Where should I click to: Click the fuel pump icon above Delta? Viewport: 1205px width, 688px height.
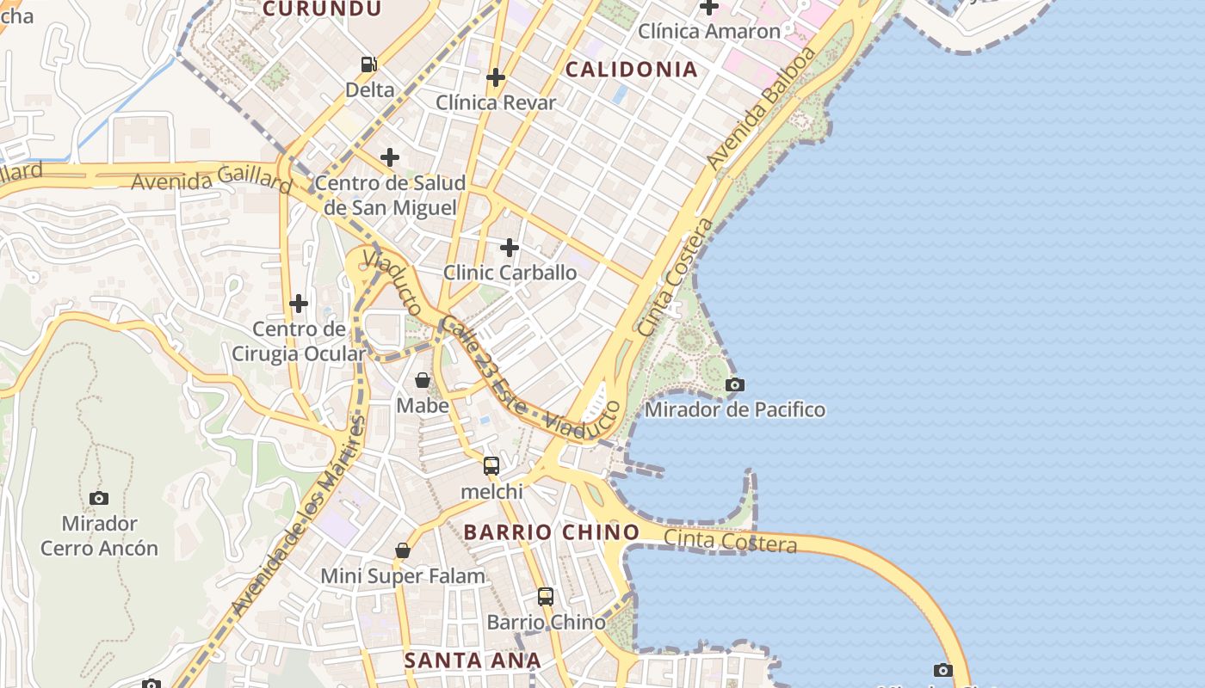coord(368,64)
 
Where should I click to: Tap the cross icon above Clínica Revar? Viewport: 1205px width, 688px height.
coord(495,77)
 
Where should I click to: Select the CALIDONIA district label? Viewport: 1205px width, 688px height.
coord(631,70)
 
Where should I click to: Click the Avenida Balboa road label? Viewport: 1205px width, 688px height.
coord(760,107)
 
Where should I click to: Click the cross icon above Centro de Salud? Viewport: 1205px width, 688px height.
coord(390,157)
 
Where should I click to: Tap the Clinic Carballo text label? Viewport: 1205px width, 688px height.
coord(510,273)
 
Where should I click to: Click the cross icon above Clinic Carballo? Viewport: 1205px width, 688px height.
coord(510,248)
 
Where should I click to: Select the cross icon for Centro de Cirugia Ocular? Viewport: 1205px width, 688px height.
coord(299,304)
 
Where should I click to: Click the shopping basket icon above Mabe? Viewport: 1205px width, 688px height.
coord(423,380)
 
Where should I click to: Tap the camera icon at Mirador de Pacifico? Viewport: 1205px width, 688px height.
coord(734,384)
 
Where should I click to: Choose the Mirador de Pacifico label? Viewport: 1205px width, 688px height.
coord(734,409)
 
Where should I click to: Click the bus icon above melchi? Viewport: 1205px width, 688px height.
coord(491,466)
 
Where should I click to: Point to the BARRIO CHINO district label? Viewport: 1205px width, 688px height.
coord(551,532)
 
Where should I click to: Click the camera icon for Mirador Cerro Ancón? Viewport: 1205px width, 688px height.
coord(99,498)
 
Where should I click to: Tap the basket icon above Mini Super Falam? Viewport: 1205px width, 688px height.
coord(402,550)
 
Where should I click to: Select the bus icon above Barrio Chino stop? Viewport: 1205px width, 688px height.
coord(546,596)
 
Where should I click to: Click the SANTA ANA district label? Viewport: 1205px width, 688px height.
coord(473,660)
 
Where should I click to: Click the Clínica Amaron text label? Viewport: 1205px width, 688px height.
coord(708,32)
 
